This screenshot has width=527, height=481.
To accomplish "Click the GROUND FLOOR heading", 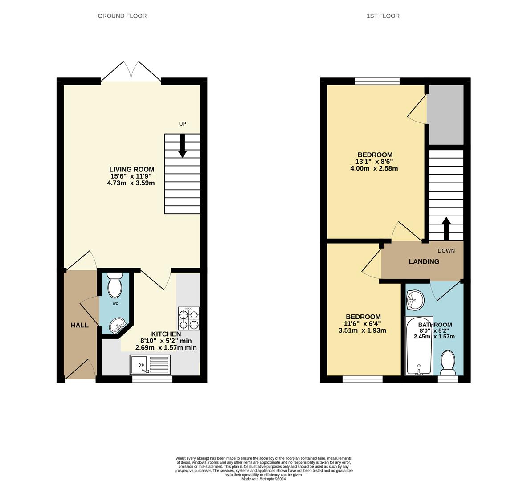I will tap(122, 16).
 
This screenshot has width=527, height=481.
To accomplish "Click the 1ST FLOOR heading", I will tap(383, 16).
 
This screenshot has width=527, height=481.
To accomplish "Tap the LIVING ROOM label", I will tap(132, 169).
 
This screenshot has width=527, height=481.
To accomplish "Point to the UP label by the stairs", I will tap(182, 124).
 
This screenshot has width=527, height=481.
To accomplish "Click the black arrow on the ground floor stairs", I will tap(182, 147).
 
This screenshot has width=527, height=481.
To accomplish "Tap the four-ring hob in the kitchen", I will tap(189, 319).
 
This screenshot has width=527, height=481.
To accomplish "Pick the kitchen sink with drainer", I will tap(150, 364).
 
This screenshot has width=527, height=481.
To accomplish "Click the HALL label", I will tap(80, 325).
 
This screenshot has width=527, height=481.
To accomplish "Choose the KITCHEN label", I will tap(166, 334).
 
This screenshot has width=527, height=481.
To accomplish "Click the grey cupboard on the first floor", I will tap(446, 115).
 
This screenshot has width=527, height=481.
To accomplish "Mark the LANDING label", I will tap(424, 261).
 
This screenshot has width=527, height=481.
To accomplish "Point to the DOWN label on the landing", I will tap(446, 251).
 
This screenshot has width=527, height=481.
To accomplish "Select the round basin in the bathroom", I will tap(415, 300).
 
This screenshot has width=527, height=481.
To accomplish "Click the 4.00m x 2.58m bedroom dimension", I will tap(374, 168).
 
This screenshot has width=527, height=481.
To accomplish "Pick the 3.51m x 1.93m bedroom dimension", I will tap(362, 330).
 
